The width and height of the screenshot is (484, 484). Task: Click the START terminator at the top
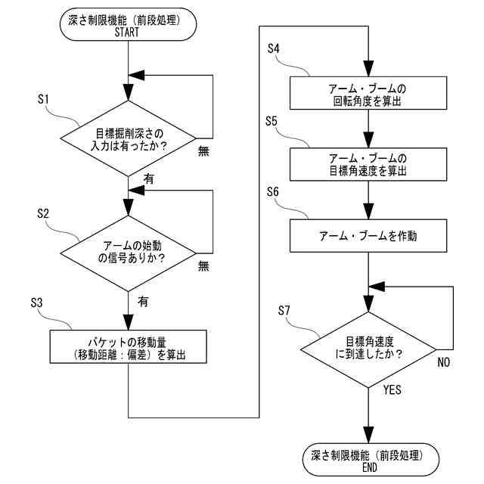pyautogui.click(x=128, y=24)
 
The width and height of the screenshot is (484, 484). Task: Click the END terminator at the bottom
pyautogui.click(x=371, y=460)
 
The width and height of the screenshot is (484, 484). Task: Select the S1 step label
pyautogui.click(x=44, y=99)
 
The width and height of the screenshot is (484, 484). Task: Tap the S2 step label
pyautogui.click(x=43, y=213)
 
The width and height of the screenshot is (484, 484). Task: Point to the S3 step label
pyautogui.click(x=36, y=302)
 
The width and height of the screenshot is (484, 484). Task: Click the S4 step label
pyautogui.click(x=274, y=48)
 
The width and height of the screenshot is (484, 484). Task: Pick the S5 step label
pyautogui.click(x=271, y=121)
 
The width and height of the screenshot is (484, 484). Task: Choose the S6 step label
pyautogui.click(x=272, y=191)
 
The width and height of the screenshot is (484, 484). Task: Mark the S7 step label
pyautogui.click(x=284, y=310)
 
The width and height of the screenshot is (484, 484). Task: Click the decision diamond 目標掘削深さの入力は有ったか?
pyautogui.click(x=128, y=138)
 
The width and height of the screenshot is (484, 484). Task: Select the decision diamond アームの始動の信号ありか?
pyautogui.click(x=128, y=253)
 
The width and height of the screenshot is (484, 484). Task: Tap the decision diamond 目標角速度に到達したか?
pyautogui.click(x=368, y=349)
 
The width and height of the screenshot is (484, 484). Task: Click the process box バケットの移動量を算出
pyautogui.click(x=129, y=346)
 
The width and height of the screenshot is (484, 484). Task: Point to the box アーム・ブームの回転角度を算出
pyautogui.click(x=368, y=93)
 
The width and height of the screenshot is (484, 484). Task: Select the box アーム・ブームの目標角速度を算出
pyautogui.click(x=368, y=164)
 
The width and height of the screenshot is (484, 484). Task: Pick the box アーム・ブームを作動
pyautogui.click(x=368, y=236)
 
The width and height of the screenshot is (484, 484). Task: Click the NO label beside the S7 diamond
pyautogui.click(x=444, y=362)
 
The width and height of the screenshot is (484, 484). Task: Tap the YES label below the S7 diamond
pyautogui.click(x=392, y=389)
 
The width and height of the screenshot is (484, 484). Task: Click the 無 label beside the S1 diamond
pyautogui.click(x=203, y=151)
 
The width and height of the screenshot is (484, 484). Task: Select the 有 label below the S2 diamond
pyautogui.click(x=143, y=301)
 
